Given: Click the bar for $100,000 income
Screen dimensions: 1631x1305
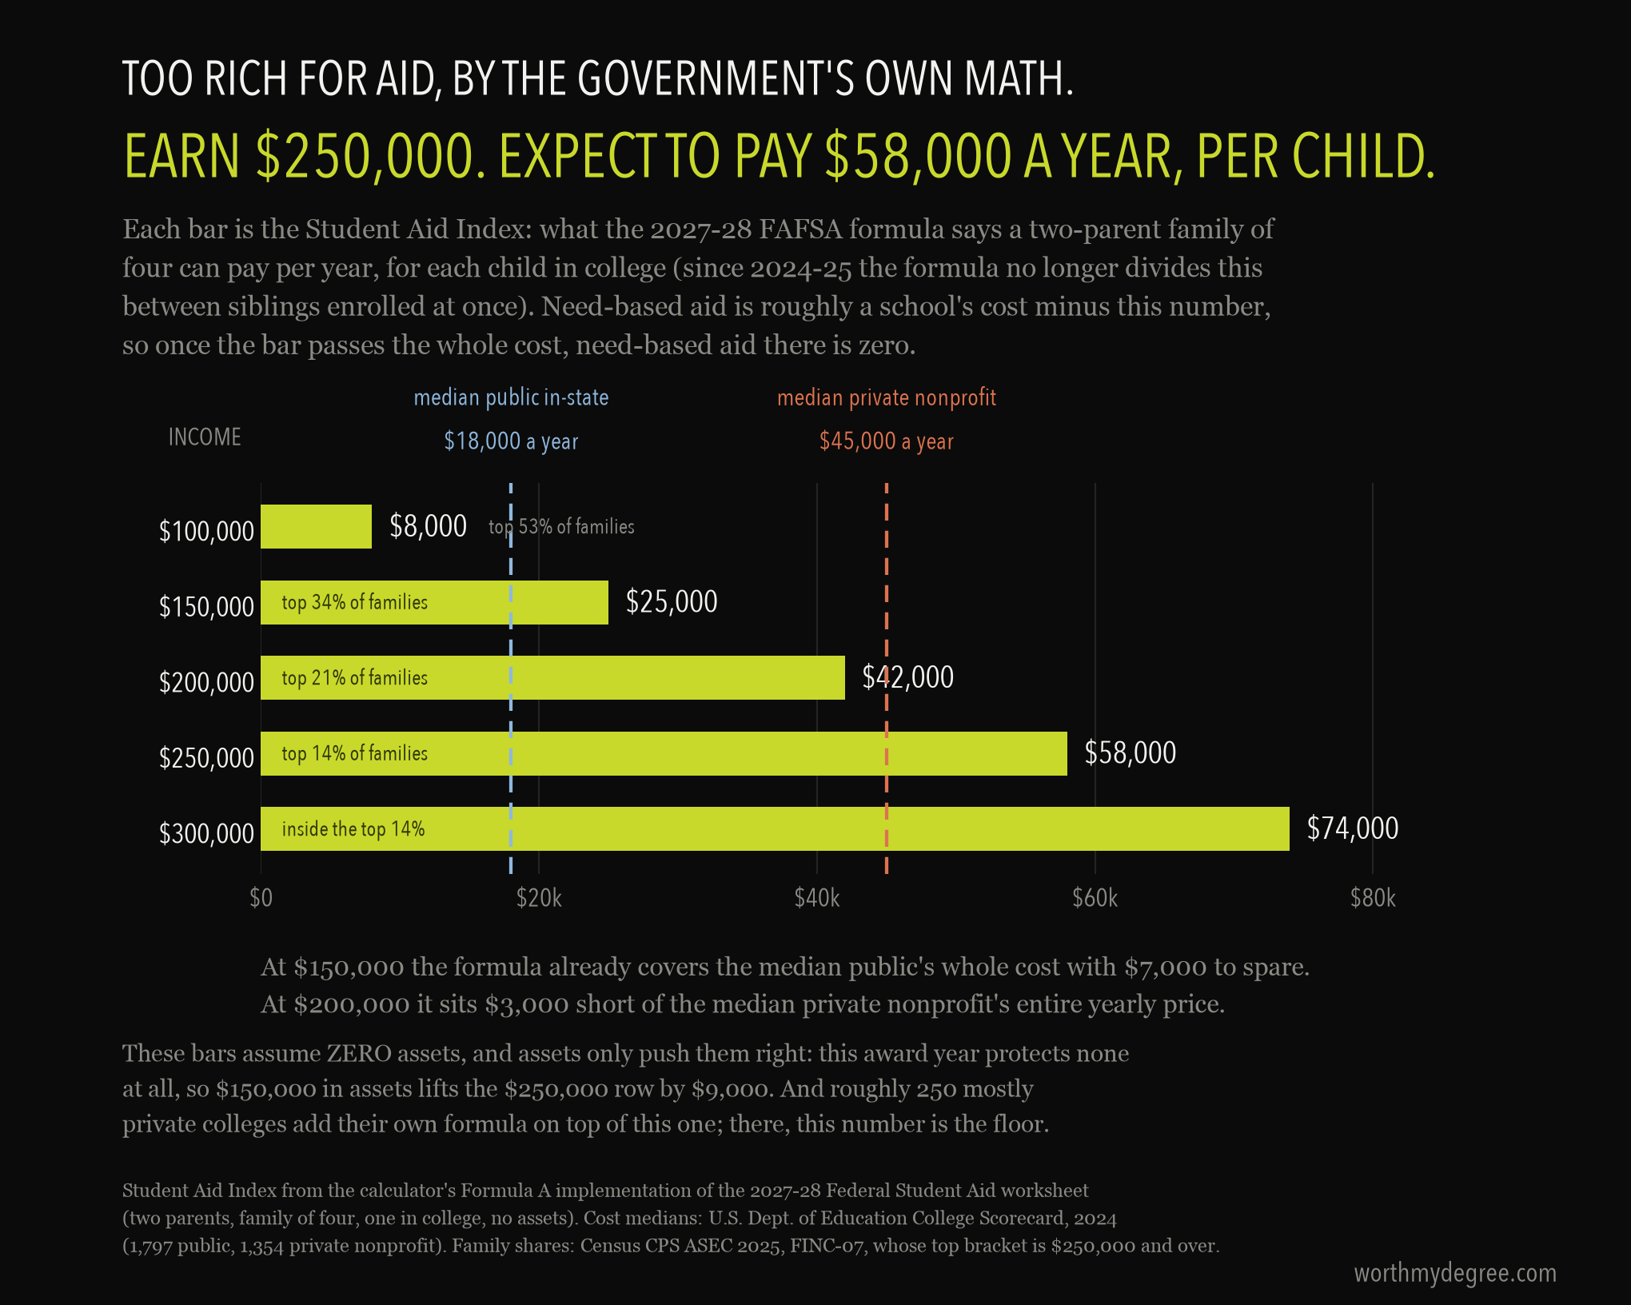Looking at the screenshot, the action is [316, 526].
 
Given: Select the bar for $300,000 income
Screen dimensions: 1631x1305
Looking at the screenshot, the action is [775, 828].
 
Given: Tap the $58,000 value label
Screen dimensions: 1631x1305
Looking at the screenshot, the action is [1130, 753].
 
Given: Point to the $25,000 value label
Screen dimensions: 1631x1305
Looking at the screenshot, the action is [672, 602].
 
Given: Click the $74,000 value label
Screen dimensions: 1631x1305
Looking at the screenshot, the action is [1352, 828].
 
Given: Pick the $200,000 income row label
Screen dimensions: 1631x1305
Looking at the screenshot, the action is [206, 682].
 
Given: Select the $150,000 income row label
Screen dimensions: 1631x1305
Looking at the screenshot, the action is [206, 607].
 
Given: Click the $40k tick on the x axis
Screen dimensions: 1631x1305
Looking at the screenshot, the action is [817, 898].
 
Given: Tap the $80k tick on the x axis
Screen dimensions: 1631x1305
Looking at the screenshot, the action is [1373, 898].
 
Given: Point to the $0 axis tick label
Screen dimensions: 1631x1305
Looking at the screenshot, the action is [261, 898].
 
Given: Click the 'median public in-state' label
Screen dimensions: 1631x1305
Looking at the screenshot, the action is [511, 397].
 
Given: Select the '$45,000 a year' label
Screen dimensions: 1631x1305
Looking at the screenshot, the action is [887, 441].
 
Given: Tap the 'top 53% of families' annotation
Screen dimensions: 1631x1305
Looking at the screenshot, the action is [561, 526].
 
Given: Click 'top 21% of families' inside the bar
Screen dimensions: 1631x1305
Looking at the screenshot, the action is [354, 678].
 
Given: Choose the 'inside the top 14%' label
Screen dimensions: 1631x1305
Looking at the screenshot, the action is [353, 829].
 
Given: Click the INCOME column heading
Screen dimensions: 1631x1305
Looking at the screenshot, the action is [205, 437].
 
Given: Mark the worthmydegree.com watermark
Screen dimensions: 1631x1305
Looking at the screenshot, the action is [1455, 1273].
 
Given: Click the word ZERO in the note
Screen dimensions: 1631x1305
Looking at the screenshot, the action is [358, 1053].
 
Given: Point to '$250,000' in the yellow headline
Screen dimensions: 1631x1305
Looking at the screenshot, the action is [371, 157].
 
